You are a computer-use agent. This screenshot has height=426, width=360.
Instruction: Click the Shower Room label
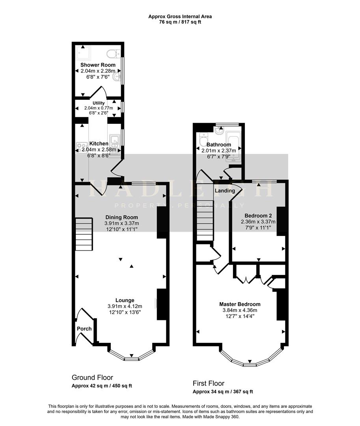(x=98, y=65)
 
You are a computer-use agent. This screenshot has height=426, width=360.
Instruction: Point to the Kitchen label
(x=99, y=144)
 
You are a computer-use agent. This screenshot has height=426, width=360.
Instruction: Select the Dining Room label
(x=121, y=217)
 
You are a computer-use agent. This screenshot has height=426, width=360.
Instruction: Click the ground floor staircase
(x=84, y=234)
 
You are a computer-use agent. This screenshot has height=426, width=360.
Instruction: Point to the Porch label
(x=84, y=329)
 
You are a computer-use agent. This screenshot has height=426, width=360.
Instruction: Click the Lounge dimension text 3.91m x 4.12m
(x=125, y=306)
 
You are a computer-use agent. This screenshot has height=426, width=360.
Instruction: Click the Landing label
(x=225, y=191)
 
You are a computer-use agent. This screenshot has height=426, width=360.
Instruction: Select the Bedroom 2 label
(x=258, y=216)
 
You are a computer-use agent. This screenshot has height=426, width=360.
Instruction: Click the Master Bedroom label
(x=240, y=304)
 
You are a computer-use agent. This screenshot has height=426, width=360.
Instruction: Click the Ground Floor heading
(x=92, y=377)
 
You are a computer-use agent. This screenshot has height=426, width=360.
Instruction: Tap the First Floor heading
(x=209, y=383)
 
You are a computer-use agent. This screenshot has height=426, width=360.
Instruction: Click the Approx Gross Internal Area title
(x=180, y=17)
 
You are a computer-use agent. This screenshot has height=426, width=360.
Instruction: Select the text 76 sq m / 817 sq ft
(x=180, y=22)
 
